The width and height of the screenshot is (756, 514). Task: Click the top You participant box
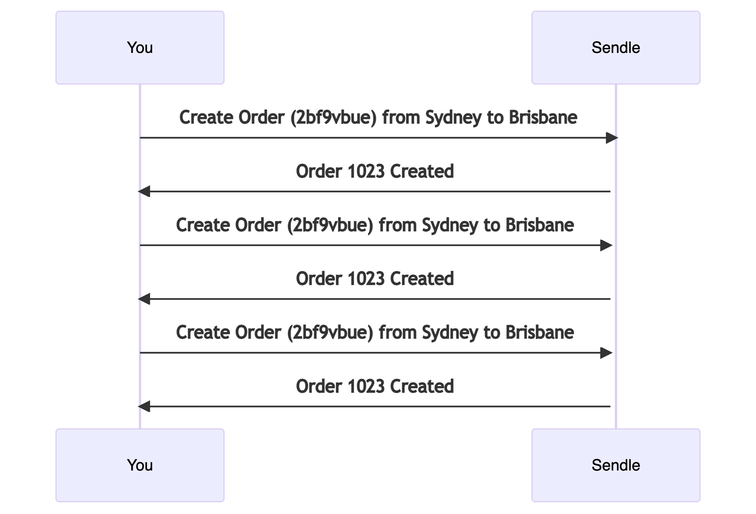(x=140, y=48)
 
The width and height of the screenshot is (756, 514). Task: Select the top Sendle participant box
(x=616, y=48)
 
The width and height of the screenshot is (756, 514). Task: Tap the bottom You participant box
(x=140, y=465)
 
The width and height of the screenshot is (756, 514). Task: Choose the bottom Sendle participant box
(x=616, y=465)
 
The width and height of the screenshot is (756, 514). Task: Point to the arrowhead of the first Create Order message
(x=612, y=138)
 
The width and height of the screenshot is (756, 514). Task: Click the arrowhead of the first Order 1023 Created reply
(x=144, y=192)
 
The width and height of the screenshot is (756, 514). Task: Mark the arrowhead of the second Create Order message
(x=606, y=245)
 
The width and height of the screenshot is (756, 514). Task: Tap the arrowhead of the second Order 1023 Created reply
(x=144, y=299)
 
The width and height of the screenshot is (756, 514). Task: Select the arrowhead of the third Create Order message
(x=606, y=353)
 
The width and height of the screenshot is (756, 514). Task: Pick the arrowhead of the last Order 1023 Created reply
(x=144, y=407)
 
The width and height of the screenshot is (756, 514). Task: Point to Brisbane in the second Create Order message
(x=540, y=225)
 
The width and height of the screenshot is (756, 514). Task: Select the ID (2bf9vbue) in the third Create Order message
(x=330, y=333)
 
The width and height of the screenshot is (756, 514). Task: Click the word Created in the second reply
(x=422, y=279)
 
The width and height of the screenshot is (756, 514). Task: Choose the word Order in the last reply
(x=319, y=386)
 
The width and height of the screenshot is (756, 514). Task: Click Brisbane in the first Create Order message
(x=543, y=118)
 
